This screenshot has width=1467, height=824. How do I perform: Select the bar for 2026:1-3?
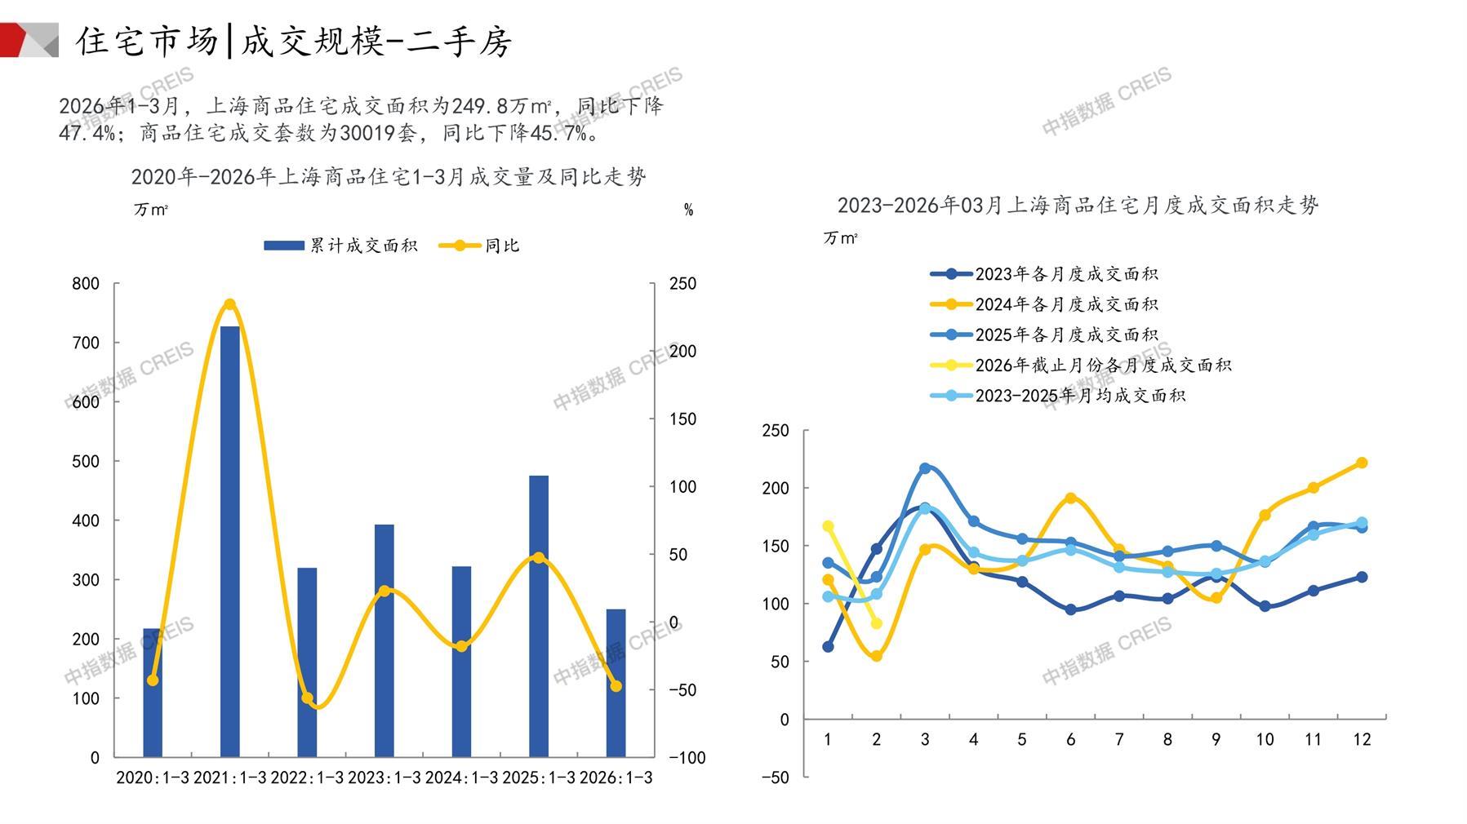point(616,683)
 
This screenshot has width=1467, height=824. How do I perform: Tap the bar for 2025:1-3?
point(539,616)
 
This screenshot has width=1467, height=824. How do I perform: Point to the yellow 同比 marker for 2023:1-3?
point(385,591)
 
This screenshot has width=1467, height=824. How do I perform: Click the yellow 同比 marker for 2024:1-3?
point(461,646)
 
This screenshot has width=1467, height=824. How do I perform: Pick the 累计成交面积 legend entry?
point(340,246)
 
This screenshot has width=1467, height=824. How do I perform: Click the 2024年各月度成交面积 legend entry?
point(1044,304)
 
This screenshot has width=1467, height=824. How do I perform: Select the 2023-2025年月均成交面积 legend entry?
point(1058,396)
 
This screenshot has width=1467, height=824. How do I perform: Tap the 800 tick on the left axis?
point(86,284)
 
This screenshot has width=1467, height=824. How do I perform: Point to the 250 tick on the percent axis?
point(682,284)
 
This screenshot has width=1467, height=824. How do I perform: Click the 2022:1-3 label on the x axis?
point(307,777)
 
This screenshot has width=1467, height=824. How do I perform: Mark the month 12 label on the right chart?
point(1362,739)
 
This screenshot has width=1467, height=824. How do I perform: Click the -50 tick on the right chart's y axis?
point(775,777)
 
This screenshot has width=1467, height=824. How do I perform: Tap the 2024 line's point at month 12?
point(1362,463)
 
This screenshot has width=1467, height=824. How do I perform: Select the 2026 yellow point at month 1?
point(828,526)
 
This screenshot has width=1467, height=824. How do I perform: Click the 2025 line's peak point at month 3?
point(925,468)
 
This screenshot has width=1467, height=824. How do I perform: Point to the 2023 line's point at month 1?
point(828,647)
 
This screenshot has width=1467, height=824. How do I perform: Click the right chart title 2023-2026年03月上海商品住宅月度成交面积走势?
point(1078,205)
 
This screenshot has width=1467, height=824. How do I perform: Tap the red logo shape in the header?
point(18,39)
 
